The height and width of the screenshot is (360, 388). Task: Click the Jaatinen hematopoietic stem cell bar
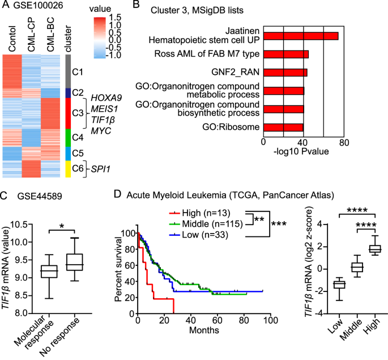coord(300,36)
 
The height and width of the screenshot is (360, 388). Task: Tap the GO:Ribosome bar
coord(283,128)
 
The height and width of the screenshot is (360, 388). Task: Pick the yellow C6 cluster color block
coord(68,169)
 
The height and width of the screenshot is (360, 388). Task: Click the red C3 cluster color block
coord(68,113)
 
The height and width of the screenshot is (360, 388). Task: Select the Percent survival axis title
coord(118,269)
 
